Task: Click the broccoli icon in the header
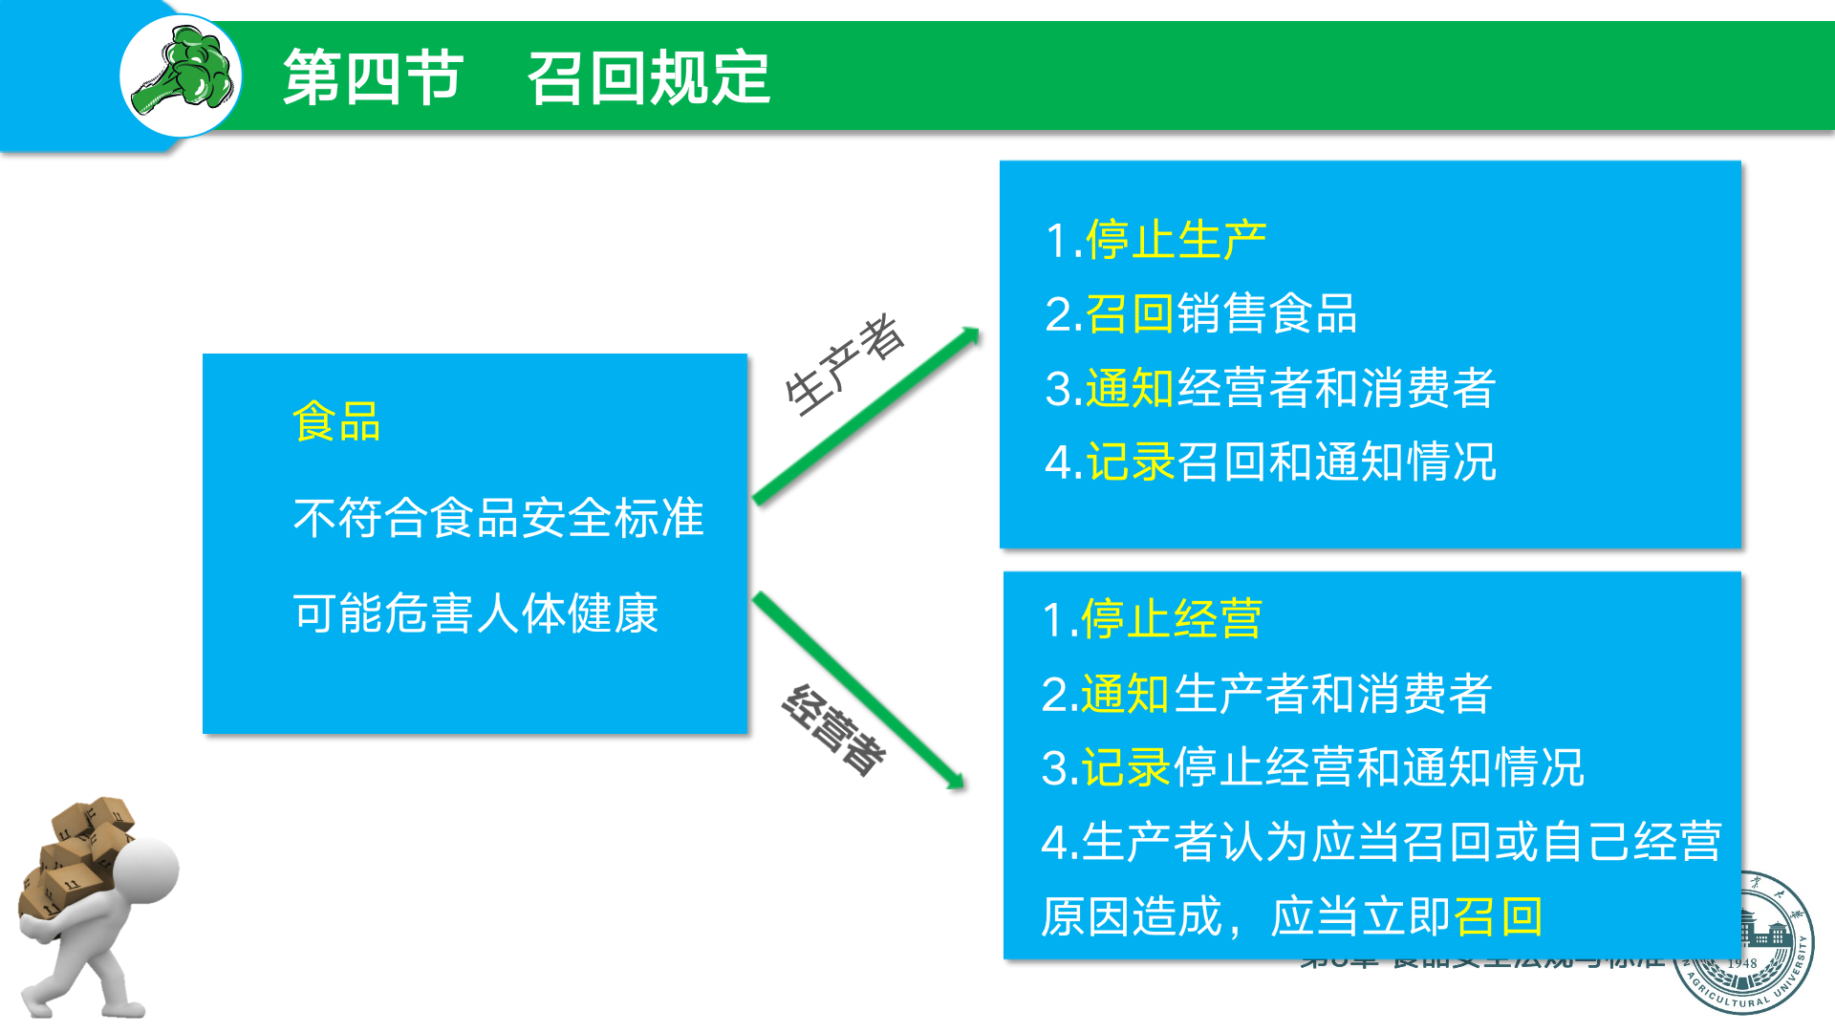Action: (x=182, y=75)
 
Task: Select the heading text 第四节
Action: (x=373, y=77)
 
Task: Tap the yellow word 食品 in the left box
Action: (x=336, y=422)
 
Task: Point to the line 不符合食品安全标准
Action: (x=498, y=518)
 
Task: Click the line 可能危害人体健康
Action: (x=475, y=613)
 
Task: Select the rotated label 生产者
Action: (x=844, y=365)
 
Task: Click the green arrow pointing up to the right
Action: (x=866, y=415)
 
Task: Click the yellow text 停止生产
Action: (x=1176, y=240)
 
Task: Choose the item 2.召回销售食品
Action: (x=1200, y=314)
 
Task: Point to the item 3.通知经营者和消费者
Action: (x=1270, y=388)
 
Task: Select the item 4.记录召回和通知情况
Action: (x=1270, y=462)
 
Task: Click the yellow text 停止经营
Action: (x=1171, y=619)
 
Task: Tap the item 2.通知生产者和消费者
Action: (x=1266, y=694)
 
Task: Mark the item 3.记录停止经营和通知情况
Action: (x=1312, y=768)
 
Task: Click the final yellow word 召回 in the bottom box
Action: (x=1498, y=917)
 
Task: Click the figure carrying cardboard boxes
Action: (x=96, y=908)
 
